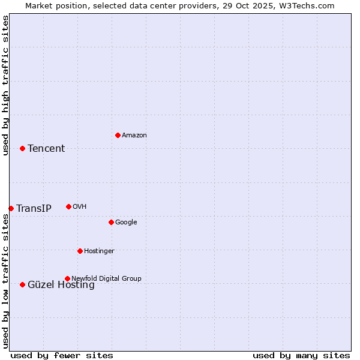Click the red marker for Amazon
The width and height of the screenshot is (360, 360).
118,135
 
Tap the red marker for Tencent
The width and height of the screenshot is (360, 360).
22,148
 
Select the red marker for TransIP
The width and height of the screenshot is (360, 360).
11,208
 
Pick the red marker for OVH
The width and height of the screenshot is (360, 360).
68,206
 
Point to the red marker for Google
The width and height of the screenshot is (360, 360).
111,222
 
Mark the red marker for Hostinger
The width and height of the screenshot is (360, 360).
80,251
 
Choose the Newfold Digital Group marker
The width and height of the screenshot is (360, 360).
67,278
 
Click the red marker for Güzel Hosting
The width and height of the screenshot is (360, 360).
22,284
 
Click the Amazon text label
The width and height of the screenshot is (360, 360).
134,136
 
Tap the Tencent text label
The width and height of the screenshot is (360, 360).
46,149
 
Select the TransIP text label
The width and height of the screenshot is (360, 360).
34,209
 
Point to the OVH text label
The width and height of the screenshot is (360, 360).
80,207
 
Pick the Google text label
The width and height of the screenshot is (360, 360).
126,223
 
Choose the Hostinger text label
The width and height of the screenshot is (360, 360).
99,251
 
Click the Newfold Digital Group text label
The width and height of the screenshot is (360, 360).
106,279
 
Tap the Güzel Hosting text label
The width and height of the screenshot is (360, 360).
61,286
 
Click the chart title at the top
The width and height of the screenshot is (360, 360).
180,5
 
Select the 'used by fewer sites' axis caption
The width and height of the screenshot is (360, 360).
62,356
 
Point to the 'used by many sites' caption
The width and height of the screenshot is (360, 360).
301,356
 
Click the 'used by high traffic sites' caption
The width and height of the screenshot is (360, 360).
5,85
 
